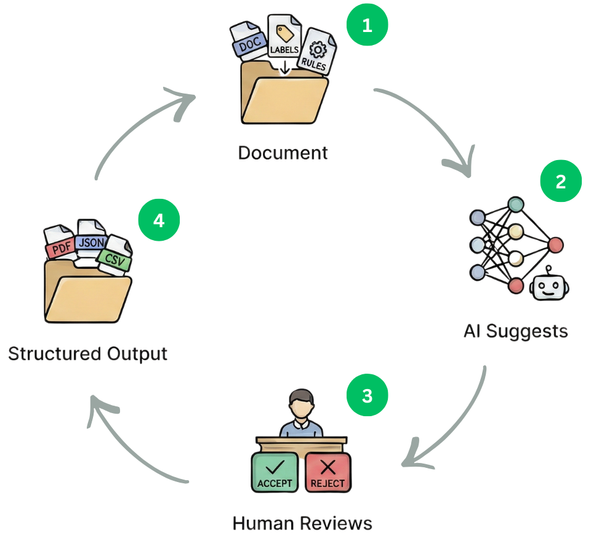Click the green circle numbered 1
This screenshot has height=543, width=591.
pos(367,26)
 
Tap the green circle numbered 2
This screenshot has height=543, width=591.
pos(560,182)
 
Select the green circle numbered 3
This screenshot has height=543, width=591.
pos(367,396)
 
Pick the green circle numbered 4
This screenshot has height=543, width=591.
pos(159,220)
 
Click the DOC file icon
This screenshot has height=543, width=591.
pos(249,42)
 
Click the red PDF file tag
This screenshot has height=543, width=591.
pos(60,249)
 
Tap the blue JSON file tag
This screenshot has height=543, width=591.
pos(91,242)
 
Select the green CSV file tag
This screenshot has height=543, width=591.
pos(115,260)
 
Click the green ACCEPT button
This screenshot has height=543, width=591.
pos(275,473)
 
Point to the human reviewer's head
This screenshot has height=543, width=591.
pos(301,403)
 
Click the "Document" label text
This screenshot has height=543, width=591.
pos(283,152)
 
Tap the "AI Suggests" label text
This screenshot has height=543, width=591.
pos(515,331)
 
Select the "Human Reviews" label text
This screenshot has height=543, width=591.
pos(302,523)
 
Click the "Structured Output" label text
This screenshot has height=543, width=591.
pos(88,354)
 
